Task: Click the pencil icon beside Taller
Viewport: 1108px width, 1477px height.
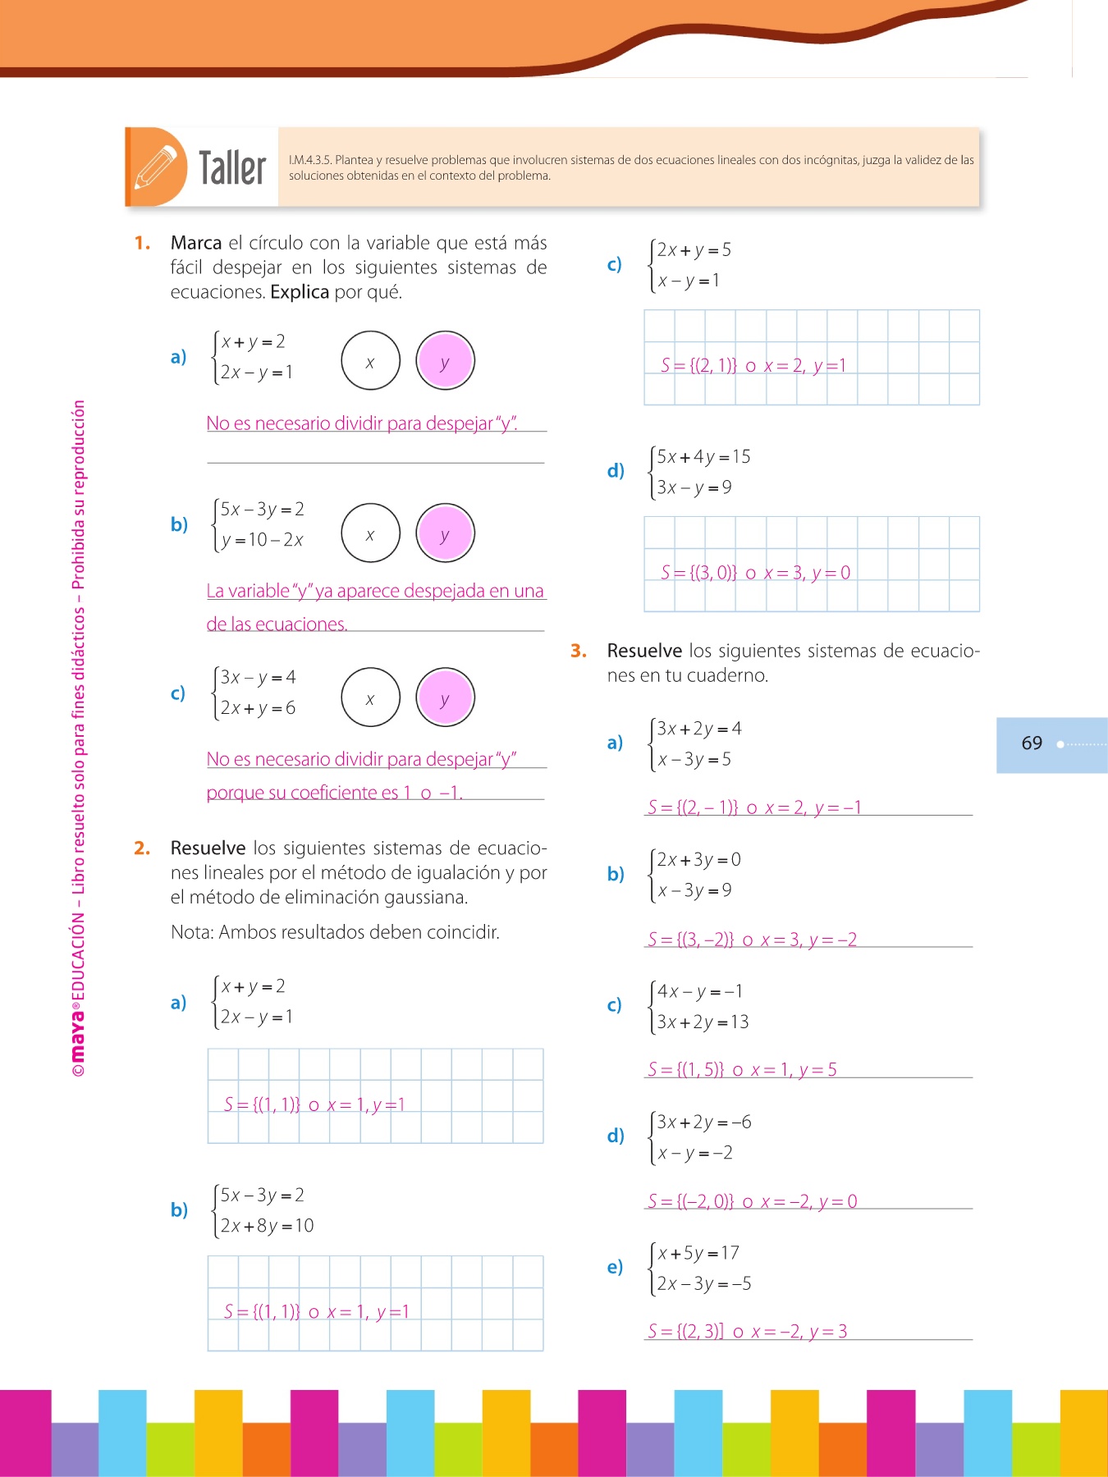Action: pos(156,167)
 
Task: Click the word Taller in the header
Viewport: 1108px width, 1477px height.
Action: pos(232,168)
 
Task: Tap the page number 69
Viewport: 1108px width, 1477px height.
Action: pos(1032,743)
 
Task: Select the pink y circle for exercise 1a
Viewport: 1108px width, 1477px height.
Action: pos(445,361)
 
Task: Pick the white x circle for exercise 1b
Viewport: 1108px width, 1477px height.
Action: pos(370,533)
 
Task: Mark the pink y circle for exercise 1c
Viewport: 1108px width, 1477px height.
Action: pos(445,698)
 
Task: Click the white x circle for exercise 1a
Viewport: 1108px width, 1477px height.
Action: pos(370,361)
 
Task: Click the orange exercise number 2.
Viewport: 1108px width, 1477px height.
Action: pos(142,848)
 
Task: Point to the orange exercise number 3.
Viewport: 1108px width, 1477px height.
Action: pos(579,651)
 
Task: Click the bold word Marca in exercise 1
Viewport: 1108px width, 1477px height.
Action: pos(196,243)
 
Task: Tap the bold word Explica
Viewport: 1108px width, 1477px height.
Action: pos(300,292)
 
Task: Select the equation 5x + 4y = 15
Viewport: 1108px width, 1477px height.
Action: pos(703,457)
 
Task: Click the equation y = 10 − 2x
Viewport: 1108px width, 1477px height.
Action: pos(263,540)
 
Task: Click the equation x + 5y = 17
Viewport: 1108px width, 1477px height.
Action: pos(698,1253)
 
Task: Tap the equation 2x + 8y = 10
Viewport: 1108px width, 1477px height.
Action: pos(268,1226)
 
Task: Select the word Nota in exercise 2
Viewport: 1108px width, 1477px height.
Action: pos(191,932)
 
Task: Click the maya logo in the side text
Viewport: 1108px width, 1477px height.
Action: pos(78,1034)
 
